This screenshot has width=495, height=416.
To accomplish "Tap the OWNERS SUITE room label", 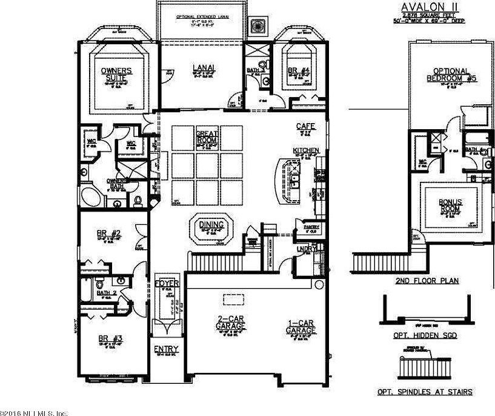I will coord(117,74).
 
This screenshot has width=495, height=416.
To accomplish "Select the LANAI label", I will coord(202,68).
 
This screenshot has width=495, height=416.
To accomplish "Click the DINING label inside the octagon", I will coord(211,225).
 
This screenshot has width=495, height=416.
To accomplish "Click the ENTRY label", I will coord(165,349).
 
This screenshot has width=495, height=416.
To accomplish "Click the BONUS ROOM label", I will coord(448,204).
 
